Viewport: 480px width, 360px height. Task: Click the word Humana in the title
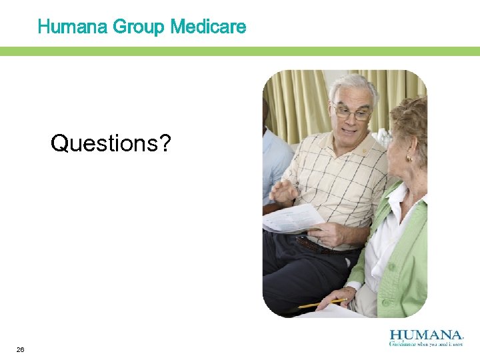[73, 27]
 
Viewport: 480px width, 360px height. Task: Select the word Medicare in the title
[208, 27]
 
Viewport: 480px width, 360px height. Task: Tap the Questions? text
[110, 142]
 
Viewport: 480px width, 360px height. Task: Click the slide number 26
[21, 349]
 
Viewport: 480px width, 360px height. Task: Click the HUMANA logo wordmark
[426, 335]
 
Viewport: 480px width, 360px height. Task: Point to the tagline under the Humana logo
[426, 345]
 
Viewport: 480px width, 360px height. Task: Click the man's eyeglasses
[352, 113]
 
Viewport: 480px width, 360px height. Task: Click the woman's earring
[409, 158]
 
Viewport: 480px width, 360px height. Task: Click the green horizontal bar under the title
[240, 51]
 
